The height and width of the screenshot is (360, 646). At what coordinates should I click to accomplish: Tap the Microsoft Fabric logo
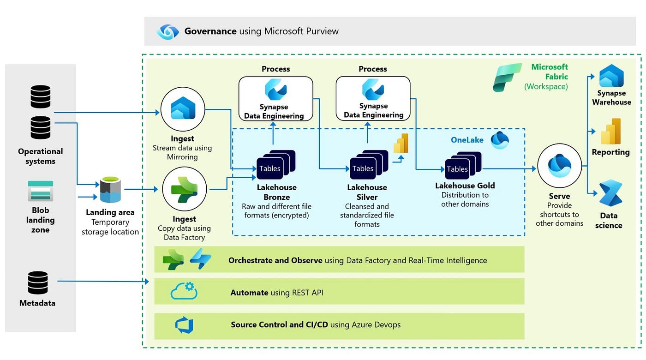(507, 77)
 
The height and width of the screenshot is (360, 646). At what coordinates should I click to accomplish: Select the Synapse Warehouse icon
(611, 77)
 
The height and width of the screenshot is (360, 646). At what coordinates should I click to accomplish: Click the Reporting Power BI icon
(610, 132)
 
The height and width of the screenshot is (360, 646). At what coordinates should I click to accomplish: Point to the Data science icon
(610, 193)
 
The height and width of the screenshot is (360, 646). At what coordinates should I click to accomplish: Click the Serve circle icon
(559, 166)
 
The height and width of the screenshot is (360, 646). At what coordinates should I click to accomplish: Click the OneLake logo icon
(499, 140)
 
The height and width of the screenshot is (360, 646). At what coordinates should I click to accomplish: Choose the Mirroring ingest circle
(183, 110)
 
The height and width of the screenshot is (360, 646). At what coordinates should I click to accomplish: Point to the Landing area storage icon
(110, 190)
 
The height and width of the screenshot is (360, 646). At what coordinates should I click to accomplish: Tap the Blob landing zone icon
(40, 191)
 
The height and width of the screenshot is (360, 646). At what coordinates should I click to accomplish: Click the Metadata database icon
(38, 282)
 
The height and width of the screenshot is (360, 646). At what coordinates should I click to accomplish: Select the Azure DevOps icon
(184, 325)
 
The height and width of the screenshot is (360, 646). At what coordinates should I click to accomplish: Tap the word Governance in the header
(210, 31)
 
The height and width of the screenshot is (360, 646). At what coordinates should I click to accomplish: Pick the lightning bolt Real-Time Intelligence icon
(200, 259)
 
